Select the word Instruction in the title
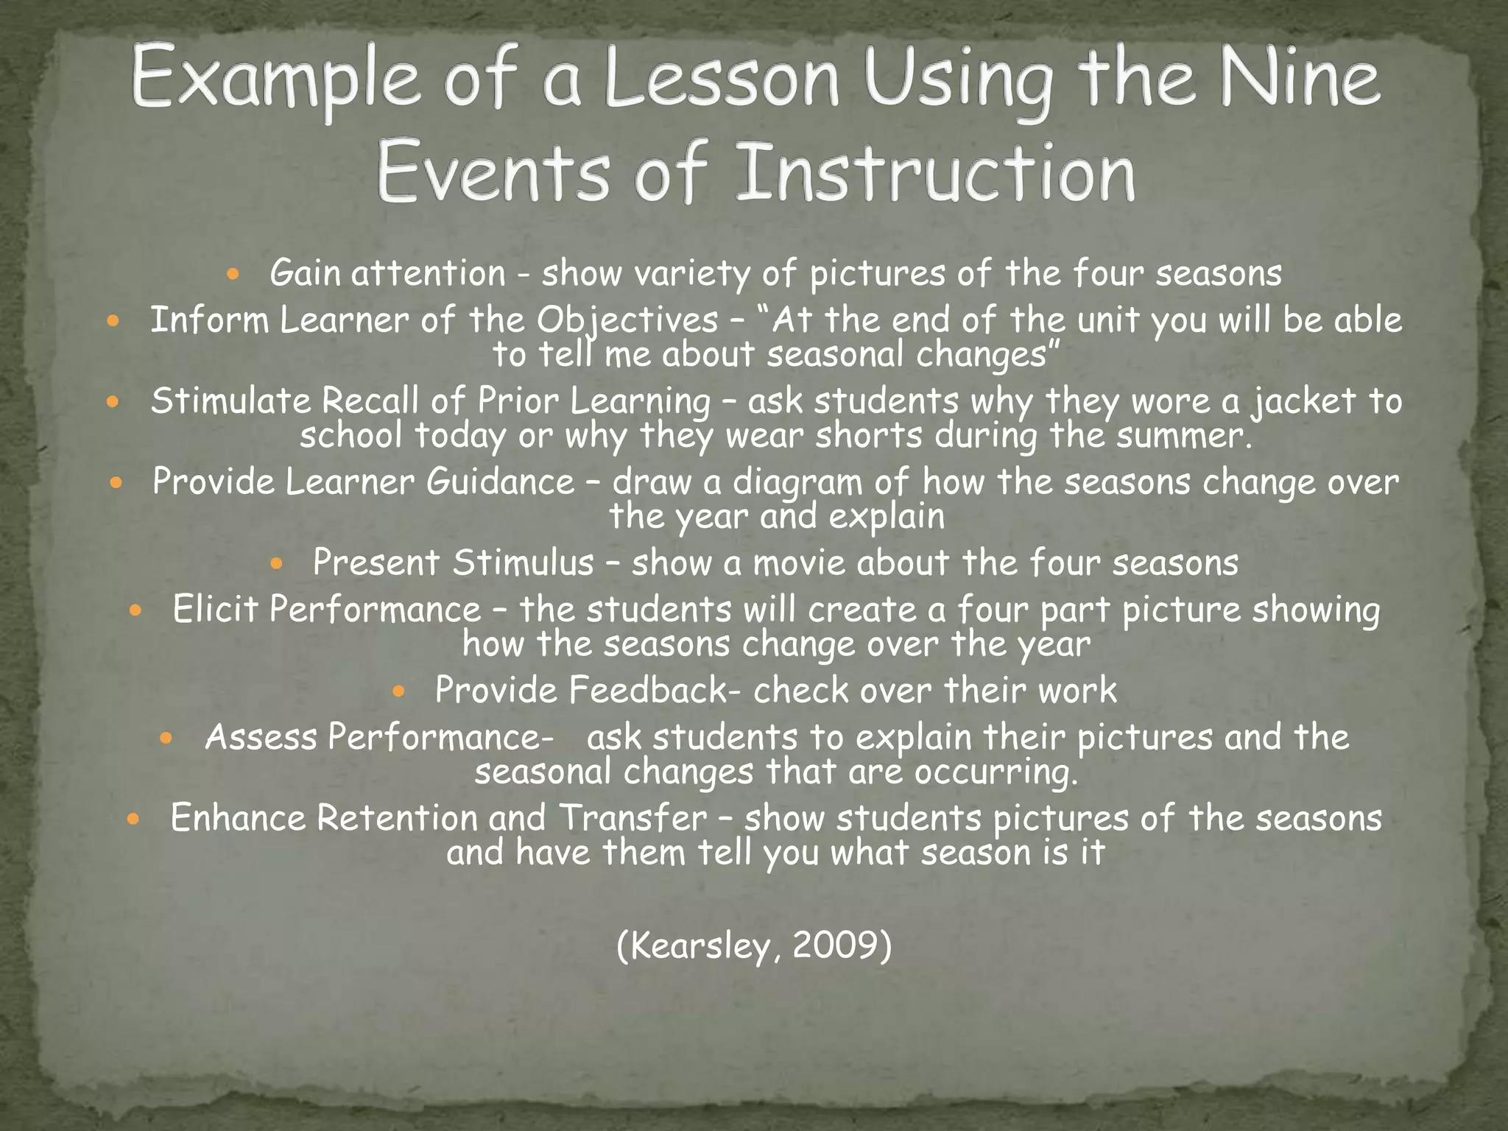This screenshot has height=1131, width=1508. [935, 173]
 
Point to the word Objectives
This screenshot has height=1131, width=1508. [627, 320]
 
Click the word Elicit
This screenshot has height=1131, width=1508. [215, 610]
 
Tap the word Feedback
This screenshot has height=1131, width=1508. [647, 691]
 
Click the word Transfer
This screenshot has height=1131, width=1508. [633, 818]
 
